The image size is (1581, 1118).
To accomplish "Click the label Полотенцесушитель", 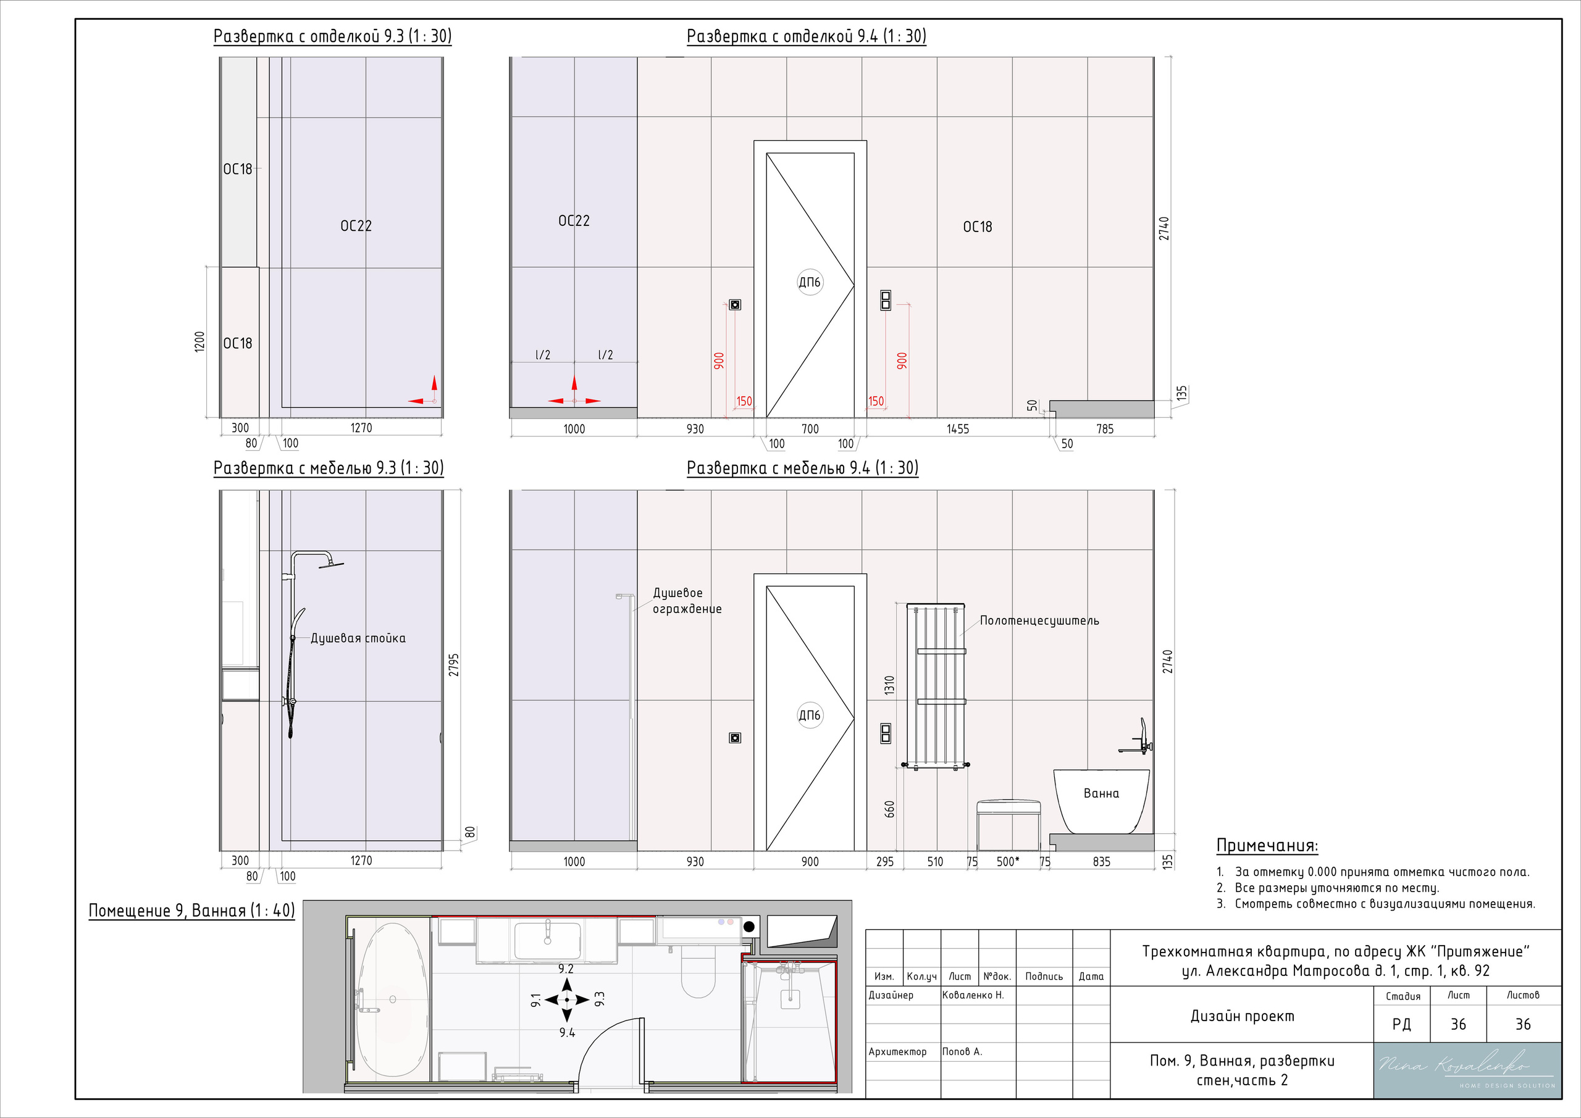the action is pyautogui.click(x=1039, y=621).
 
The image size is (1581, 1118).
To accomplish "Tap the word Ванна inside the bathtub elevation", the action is pyautogui.click(x=1101, y=793).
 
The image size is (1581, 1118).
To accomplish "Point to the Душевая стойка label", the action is pyautogui.click(x=358, y=638).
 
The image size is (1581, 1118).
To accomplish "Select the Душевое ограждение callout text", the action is pyautogui.click(x=687, y=600).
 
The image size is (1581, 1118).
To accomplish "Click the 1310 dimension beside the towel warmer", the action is pyautogui.click(x=890, y=685).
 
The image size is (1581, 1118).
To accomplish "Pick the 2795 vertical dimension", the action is pyautogui.click(x=454, y=664).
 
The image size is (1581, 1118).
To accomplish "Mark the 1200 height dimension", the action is pyautogui.click(x=199, y=341).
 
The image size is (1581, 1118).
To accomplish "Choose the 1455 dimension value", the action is pyautogui.click(x=957, y=429).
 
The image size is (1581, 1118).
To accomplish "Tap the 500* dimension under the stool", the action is pyautogui.click(x=1007, y=861).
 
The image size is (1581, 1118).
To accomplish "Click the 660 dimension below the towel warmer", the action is pyautogui.click(x=890, y=809).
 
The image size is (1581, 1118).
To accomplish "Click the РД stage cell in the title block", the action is pyautogui.click(x=1401, y=1024).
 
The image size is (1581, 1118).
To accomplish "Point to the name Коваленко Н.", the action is pyautogui.click(x=973, y=995).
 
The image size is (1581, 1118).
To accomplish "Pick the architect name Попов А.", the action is pyautogui.click(x=962, y=1051).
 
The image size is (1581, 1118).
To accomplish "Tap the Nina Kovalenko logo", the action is pyautogui.click(x=1467, y=1070).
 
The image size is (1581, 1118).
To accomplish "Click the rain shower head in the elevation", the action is pyautogui.click(x=330, y=564).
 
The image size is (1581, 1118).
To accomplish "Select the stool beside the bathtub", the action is pyautogui.click(x=1008, y=825).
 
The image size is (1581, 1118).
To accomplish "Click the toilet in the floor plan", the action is pyautogui.click(x=698, y=970).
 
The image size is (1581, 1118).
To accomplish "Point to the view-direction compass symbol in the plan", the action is pyautogui.click(x=567, y=999).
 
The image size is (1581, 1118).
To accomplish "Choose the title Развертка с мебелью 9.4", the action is pyautogui.click(x=802, y=468).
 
